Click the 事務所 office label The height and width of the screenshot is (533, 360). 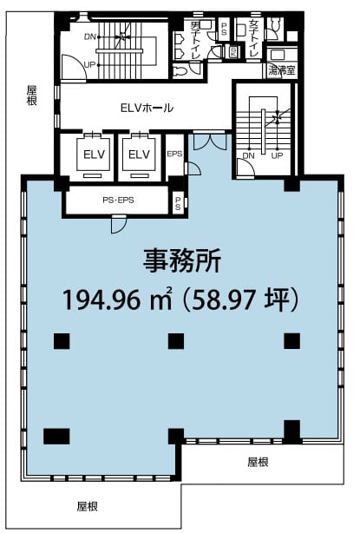pos(181,261)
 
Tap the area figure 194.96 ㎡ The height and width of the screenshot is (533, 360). pos(117,299)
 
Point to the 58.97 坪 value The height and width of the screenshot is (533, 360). pos(240,299)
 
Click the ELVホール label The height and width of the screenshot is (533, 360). pos(147,108)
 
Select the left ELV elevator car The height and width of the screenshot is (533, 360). pos(94,155)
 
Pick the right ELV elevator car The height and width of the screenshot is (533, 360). pos(140,155)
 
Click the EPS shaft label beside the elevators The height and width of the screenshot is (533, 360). pos(174,154)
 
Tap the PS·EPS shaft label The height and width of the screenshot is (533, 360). pos(118,201)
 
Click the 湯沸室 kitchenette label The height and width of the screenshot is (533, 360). pos(282,70)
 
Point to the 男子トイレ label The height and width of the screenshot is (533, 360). pos(196,40)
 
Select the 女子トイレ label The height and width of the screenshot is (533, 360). pos(253,38)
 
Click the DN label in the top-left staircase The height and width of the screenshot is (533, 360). pos(90,36)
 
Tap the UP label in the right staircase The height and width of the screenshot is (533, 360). pos(277,155)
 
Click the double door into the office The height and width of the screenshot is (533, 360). pos(210,141)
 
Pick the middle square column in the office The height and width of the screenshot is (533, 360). pos(176,341)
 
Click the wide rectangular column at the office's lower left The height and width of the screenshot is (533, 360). pos(56,437)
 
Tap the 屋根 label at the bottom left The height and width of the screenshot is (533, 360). pos(88,506)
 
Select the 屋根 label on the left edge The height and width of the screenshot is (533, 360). pos(32,95)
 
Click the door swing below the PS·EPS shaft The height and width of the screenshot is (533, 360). pos(119,224)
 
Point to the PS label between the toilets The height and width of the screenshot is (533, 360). pos(224,29)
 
